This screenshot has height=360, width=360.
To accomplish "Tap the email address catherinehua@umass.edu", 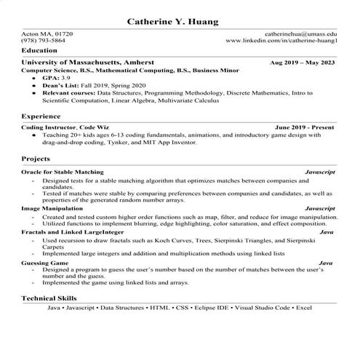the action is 300,34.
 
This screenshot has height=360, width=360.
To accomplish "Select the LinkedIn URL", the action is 281,41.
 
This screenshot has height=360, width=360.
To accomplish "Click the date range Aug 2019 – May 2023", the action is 302,63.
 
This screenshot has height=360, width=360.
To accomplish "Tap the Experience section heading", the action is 41,116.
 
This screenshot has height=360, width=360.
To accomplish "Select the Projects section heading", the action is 36,158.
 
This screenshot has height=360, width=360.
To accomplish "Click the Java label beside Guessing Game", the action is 326,262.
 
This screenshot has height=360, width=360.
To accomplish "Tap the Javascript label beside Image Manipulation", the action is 319,208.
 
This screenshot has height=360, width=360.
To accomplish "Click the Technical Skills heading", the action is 49,298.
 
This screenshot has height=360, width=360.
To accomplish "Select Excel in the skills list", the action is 303,308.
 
